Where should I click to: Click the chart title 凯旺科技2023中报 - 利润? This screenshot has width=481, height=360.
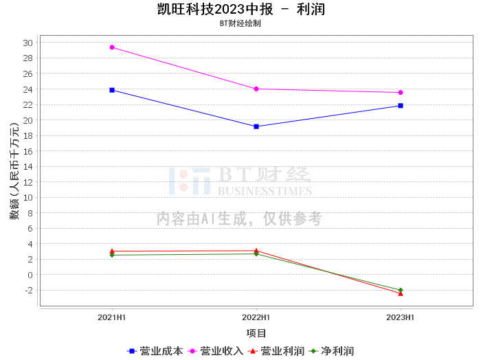pyautogui.click(x=240, y=10)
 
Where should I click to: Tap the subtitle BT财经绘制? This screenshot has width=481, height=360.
pyautogui.click(x=240, y=23)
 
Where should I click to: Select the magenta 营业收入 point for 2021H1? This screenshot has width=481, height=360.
pyautogui.click(x=112, y=47)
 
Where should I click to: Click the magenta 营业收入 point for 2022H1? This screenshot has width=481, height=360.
pyautogui.click(x=256, y=89)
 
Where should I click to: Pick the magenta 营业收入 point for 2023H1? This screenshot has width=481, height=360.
pyautogui.click(x=401, y=93)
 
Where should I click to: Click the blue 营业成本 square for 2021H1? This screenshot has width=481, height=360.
pyautogui.click(x=112, y=90)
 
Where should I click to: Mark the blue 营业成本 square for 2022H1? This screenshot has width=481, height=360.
pyautogui.click(x=256, y=126)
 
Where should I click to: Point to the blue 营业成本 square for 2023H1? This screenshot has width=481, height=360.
pyautogui.click(x=401, y=106)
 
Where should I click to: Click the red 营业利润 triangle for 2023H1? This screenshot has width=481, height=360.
pyautogui.click(x=401, y=293)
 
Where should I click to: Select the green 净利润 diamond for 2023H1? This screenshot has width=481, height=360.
pyautogui.click(x=401, y=290)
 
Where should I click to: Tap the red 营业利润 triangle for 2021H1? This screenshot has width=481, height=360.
pyautogui.click(x=112, y=251)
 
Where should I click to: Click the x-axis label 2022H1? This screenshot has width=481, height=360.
pyautogui.click(x=256, y=318)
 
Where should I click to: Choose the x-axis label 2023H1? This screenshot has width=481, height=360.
pyautogui.click(x=401, y=318)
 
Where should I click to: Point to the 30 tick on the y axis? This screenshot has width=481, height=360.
pyautogui.click(x=27, y=43)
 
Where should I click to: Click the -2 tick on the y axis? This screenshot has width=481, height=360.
pyautogui.click(x=27, y=291)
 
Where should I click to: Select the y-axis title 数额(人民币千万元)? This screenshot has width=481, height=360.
pyautogui.click(x=14, y=171)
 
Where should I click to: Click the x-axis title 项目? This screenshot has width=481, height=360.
pyautogui.click(x=256, y=333)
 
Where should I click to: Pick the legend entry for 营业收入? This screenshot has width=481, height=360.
pyautogui.click(x=216, y=351)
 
